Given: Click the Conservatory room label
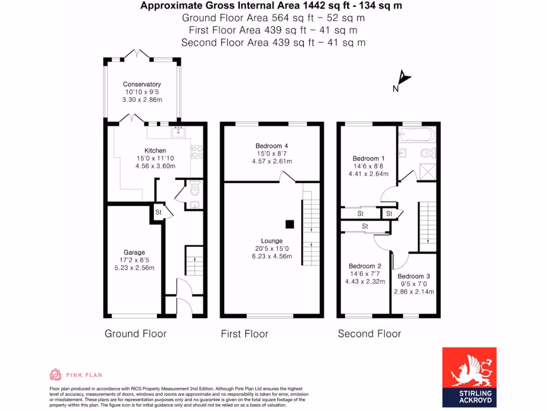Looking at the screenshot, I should point(142,84).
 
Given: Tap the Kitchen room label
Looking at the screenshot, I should point(155,150).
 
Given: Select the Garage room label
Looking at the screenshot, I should point(134,252).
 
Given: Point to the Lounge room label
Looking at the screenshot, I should point(272,241).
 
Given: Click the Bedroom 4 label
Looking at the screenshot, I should point(272,146).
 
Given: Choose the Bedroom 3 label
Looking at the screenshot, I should point(413,276).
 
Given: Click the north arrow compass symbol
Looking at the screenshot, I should point(404,80).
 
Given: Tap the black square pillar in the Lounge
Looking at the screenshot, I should point(290,224).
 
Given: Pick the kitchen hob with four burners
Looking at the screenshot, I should point(196,151).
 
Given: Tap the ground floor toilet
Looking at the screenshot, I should point(194,188).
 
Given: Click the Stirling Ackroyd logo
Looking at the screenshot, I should point(469,376).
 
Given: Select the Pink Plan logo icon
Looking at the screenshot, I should point(56,375).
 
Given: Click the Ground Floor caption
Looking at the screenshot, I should point(135,334).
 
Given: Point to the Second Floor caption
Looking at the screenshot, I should point(369,334).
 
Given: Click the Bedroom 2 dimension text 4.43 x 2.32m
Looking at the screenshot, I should point(365,281).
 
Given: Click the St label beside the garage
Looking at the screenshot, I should point(158,212).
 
